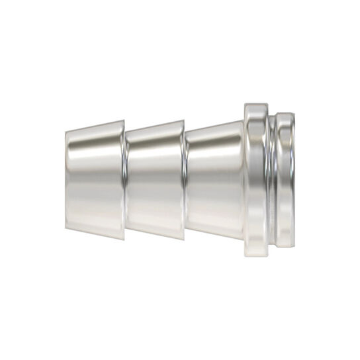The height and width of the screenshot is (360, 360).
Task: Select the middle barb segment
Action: tap(155, 179)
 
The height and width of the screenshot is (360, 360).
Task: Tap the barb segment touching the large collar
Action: tap(215, 179)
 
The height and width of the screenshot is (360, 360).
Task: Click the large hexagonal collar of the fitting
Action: tap(258, 179)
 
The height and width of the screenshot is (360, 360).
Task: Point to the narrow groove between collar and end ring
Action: tap(273, 179)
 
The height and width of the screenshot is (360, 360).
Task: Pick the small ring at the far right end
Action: tap(285, 179)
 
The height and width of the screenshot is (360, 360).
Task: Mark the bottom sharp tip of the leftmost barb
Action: tap(124, 237)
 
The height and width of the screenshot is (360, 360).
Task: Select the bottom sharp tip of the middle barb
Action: tap(185, 237)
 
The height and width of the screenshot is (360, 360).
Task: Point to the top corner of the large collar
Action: tap(246, 103)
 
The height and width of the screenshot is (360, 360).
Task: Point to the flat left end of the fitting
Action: tap(67, 179)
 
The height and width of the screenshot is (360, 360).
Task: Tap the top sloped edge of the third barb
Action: tap(215, 125)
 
